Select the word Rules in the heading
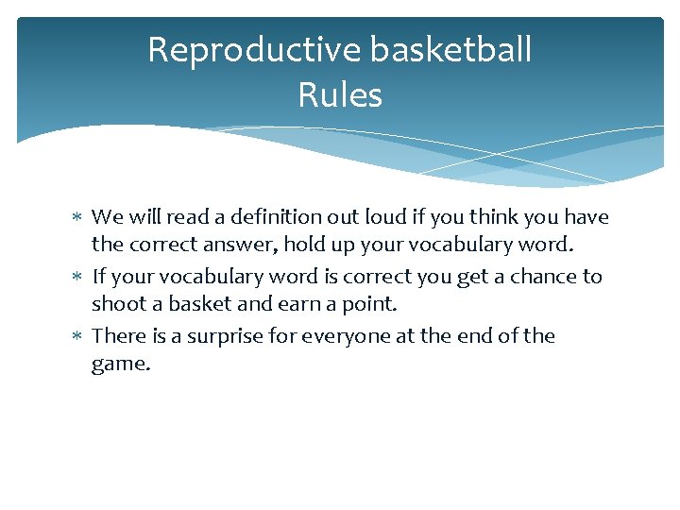[340, 95]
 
